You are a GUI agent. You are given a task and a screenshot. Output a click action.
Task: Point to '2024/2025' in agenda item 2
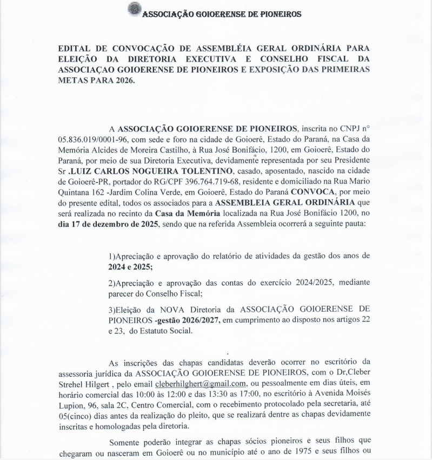tap(302, 283)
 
